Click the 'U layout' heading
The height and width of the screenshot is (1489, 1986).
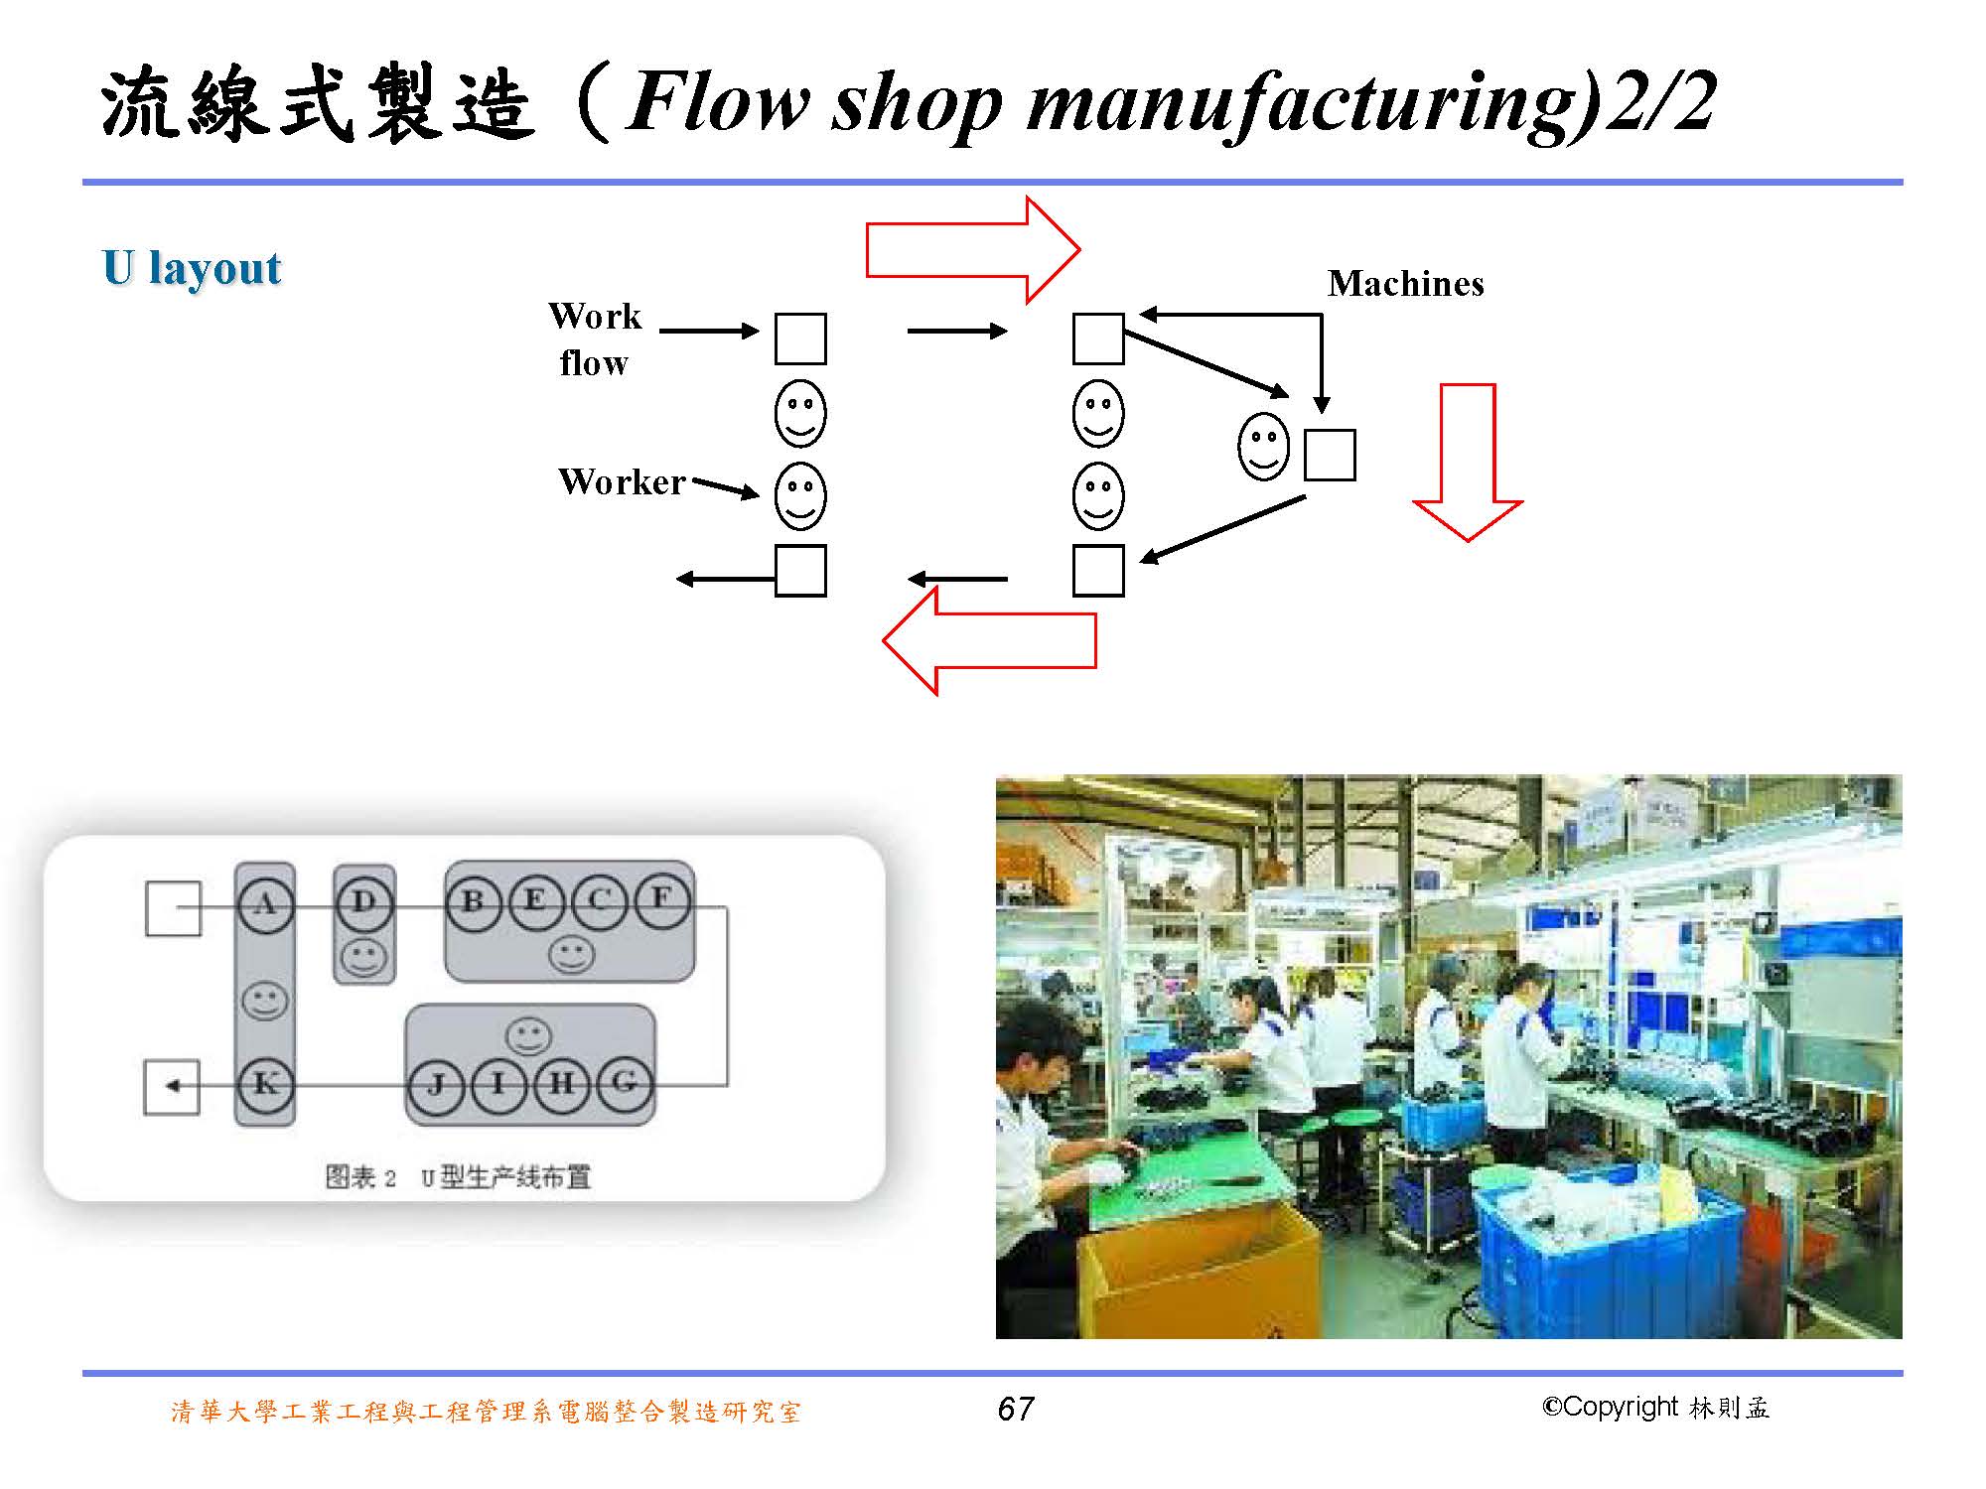coord(192,268)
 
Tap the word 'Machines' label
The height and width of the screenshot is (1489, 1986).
coord(1405,284)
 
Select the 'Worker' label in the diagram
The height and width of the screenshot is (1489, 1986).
coord(622,482)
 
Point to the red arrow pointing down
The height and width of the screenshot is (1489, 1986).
coord(1468,462)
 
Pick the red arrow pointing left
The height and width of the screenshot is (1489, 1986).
coord(989,640)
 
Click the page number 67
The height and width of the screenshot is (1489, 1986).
coord(1016,1409)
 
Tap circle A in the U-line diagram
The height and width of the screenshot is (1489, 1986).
coord(265,903)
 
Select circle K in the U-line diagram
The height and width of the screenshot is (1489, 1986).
coord(265,1084)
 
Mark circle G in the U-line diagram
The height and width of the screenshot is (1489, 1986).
coord(624,1084)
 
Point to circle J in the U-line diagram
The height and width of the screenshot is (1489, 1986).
coord(436,1084)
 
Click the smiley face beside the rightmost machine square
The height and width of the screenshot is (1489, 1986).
coord(1263,446)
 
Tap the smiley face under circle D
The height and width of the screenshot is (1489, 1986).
coord(363,958)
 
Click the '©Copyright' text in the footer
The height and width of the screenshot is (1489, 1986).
coord(1610,1408)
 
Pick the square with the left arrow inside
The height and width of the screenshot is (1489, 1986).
coord(172,1086)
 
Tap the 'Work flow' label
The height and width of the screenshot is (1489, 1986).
coord(595,339)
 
